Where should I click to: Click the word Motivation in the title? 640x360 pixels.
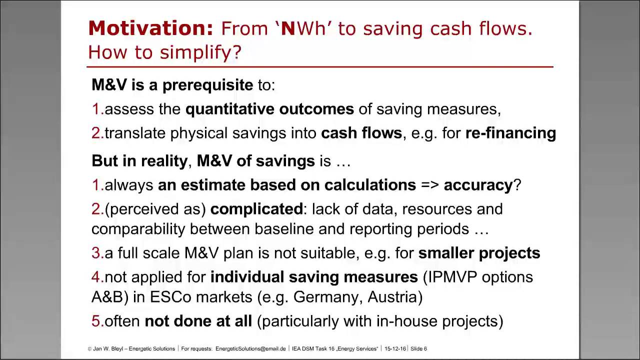click(150, 29)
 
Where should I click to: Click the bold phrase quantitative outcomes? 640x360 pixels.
click(269, 109)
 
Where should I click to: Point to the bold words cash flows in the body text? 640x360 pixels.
click(361, 133)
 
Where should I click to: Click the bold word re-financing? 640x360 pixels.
click(510, 133)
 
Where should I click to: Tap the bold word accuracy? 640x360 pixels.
click(478, 185)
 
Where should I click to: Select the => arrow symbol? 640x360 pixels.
click(430, 185)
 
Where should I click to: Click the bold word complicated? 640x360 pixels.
click(256, 209)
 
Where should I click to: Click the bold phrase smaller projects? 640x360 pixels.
click(479, 253)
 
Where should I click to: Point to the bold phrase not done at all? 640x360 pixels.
click(198, 321)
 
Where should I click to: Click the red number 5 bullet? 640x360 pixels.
click(96, 321)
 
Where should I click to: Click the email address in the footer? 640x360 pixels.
click(250, 348)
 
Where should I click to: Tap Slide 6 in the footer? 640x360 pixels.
click(419, 348)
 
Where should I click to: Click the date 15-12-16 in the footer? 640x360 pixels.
click(395, 348)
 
